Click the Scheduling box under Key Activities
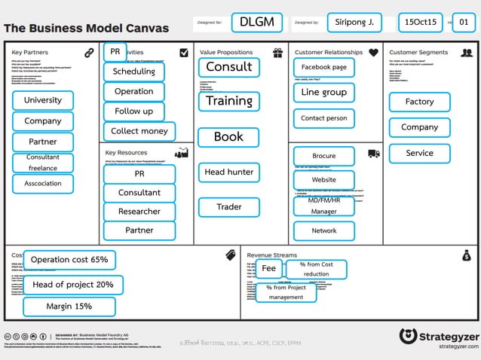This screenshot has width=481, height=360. [133, 72]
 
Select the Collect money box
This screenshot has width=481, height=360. [139, 131]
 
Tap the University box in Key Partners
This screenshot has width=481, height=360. [43, 100]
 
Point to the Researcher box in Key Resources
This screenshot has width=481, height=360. [139, 212]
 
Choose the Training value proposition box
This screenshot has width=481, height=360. [229, 101]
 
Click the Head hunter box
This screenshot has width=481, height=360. [229, 172]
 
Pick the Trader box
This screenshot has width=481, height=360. [229, 206]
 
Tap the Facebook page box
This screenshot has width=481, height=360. [324, 67]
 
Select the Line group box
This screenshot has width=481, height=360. [324, 92]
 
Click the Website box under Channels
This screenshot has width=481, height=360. [324, 180]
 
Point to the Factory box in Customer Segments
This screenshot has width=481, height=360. [419, 102]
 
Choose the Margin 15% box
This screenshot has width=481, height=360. [69, 307]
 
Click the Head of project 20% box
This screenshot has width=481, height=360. [73, 285]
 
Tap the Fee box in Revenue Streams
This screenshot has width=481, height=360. [269, 268]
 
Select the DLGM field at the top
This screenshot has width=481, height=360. [256, 22]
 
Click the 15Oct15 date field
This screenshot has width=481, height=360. [421, 22]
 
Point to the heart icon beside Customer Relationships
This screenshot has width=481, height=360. [374, 53]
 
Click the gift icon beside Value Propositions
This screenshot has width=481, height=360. [277, 53]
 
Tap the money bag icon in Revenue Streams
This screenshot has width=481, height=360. [467, 255]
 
